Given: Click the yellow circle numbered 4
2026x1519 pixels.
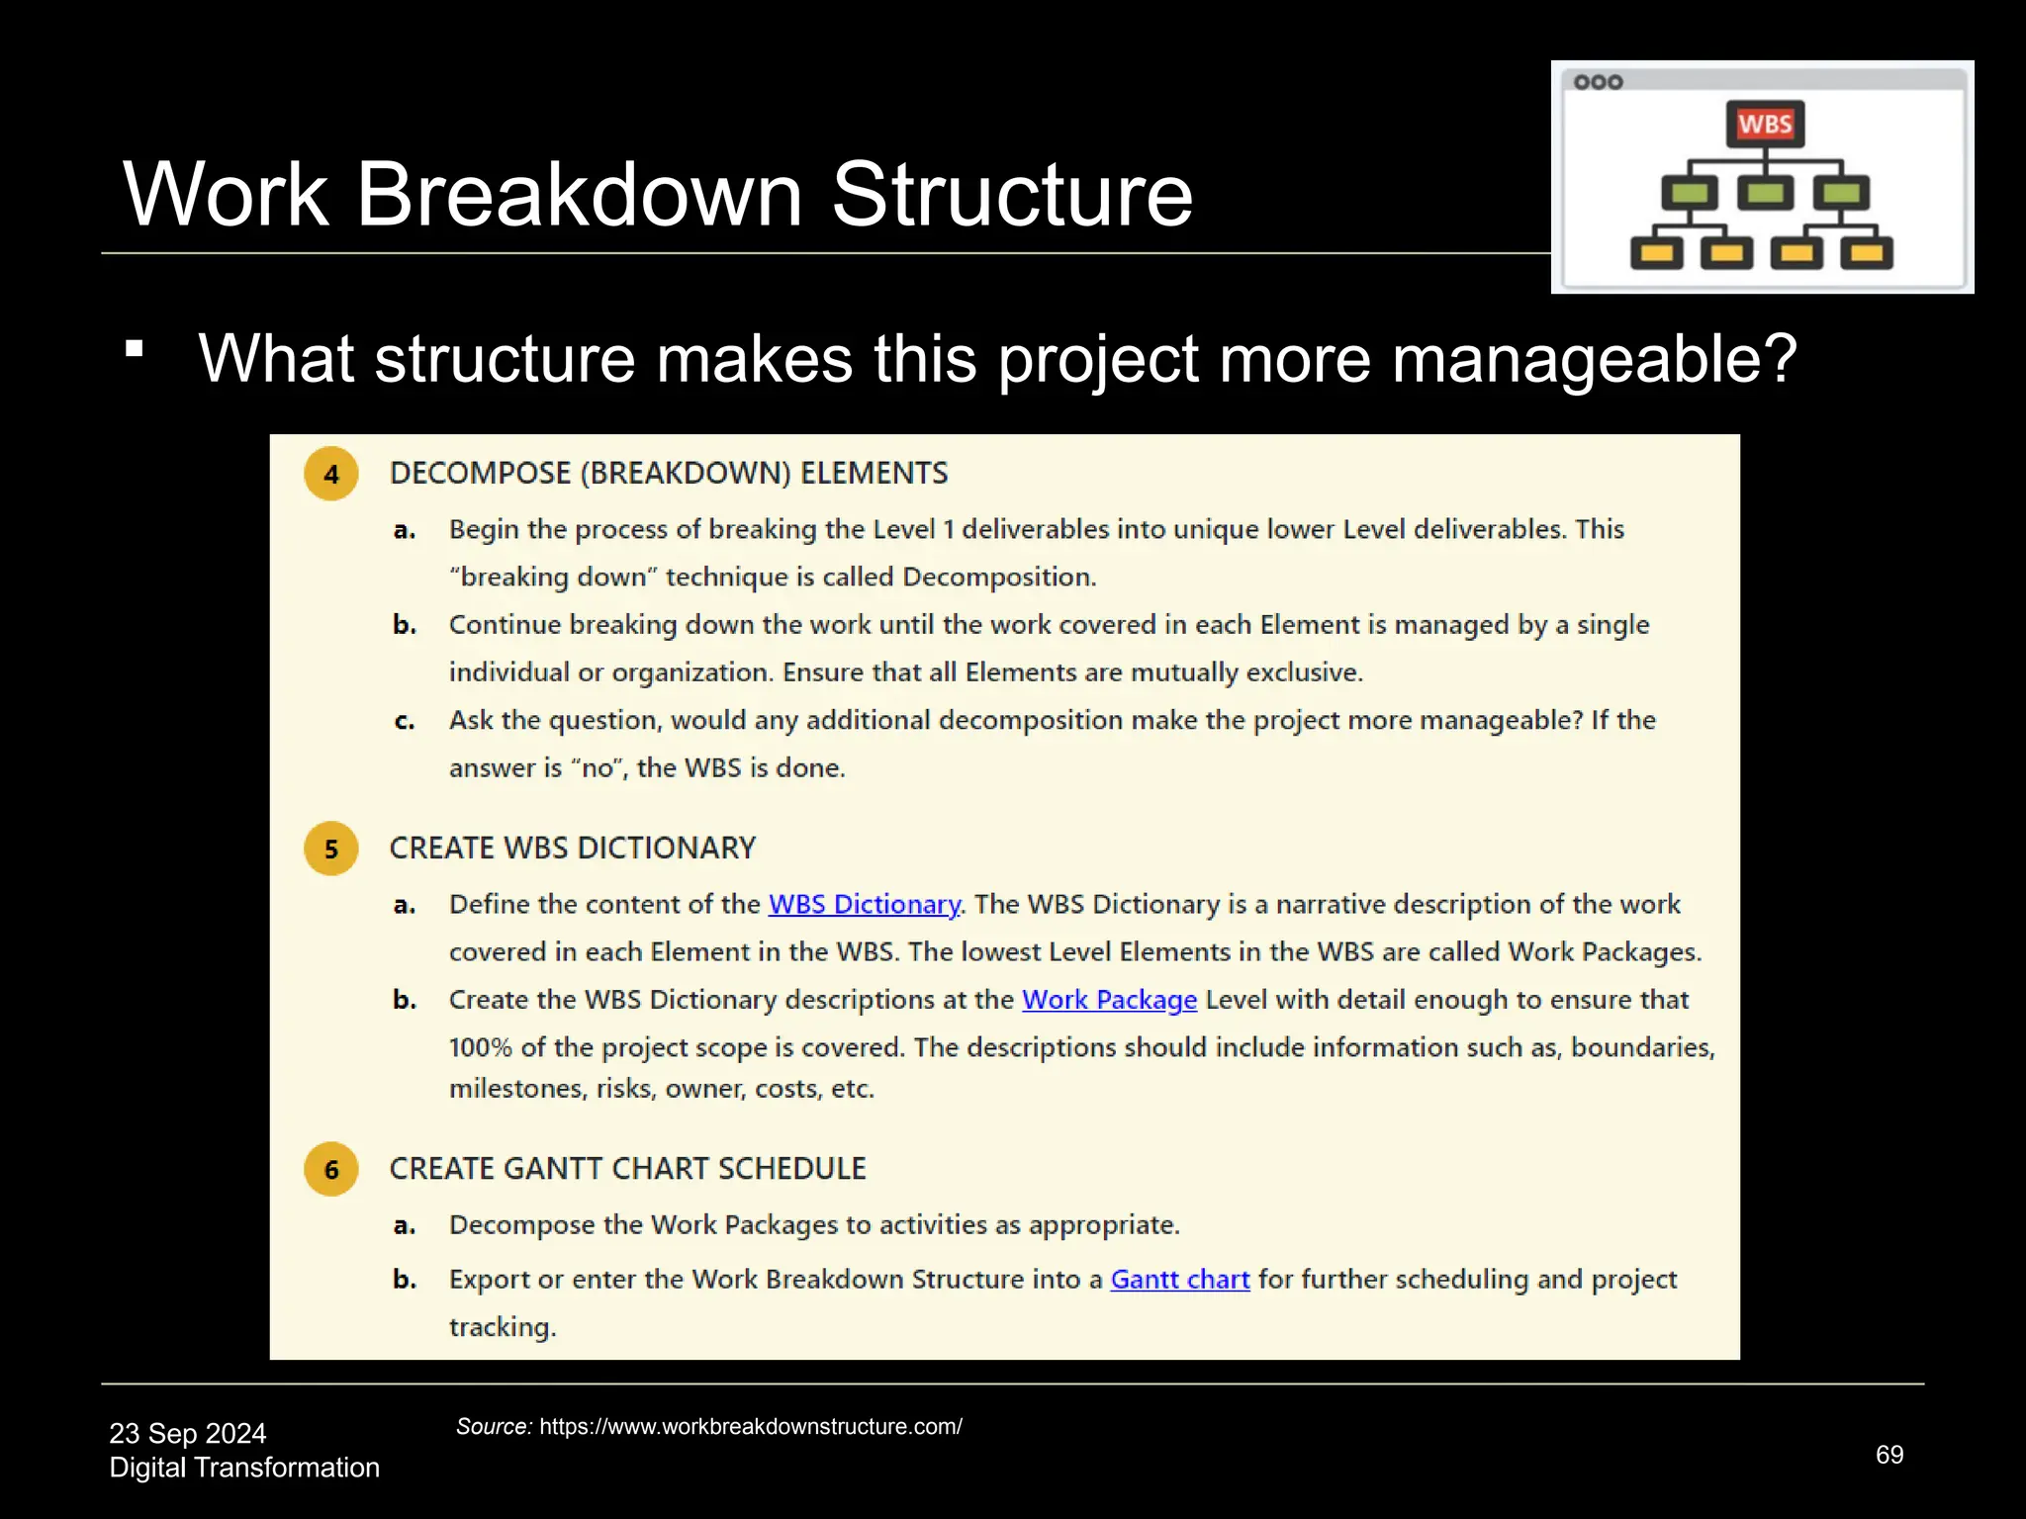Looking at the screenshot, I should coord(331,474).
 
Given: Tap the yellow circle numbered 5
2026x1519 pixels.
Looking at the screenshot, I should coord(331,849).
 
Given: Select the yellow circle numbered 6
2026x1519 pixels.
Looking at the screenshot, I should coord(331,1169).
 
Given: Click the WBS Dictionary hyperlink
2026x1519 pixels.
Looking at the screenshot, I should coord(864,904).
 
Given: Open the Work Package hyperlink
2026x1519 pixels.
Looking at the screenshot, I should coord(1109,1000).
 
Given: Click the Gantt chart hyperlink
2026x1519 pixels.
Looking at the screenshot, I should coord(1179,1280).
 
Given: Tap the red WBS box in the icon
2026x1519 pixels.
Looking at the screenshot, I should coord(1765,125).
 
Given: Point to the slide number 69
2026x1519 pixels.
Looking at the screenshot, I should coord(1888,1455).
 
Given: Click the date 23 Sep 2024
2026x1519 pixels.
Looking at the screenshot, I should coord(188,1433).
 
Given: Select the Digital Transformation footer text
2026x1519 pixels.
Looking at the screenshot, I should coord(244,1468).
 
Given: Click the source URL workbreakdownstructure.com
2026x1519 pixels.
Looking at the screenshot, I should coord(750,1427).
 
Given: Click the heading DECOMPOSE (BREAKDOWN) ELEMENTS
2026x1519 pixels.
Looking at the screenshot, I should coord(669,474).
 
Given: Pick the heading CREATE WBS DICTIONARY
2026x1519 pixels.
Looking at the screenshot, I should coord(572,849).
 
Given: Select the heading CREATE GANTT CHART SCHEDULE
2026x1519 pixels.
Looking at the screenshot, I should coord(627,1169).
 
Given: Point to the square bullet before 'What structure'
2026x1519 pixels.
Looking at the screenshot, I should coord(135,348).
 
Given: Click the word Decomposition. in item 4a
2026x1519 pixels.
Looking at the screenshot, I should coord(999,578).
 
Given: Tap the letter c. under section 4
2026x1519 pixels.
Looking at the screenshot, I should coord(404,721).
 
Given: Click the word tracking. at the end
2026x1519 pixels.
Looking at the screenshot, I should coord(503,1327).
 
